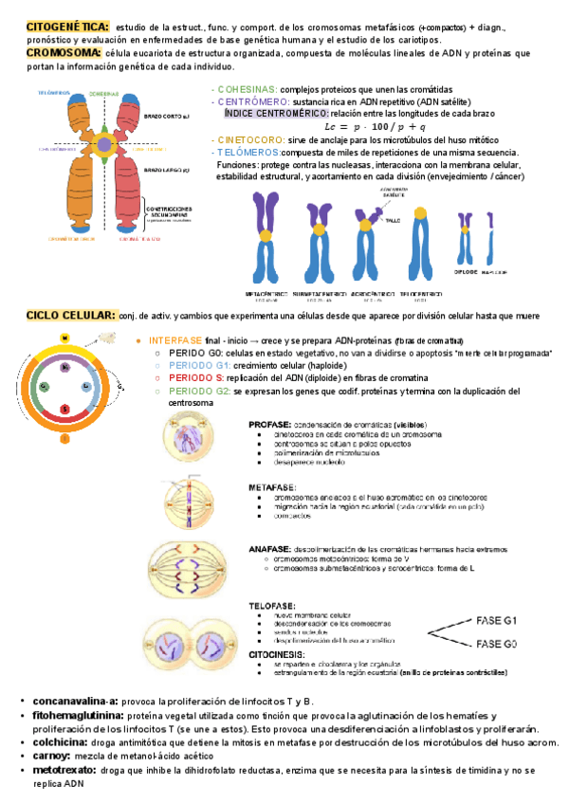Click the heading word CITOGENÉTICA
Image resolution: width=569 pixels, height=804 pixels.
tap(67, 27)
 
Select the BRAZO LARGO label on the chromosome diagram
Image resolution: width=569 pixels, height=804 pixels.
tap(167, 171)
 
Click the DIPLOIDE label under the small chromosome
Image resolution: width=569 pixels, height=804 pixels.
tap(466, 270)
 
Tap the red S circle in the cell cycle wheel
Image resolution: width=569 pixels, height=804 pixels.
tap(64, 409)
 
